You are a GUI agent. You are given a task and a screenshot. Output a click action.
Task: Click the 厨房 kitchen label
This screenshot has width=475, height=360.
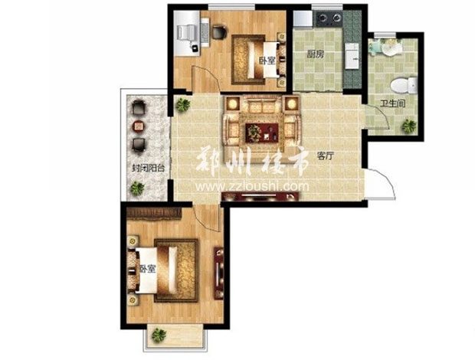point(316,54)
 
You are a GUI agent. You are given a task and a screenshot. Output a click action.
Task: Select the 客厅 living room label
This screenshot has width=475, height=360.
point(326,156)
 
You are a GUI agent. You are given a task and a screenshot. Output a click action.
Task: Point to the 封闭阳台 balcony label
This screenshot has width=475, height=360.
point(148,168)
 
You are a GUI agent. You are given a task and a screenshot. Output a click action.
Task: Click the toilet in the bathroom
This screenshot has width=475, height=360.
point(404,85)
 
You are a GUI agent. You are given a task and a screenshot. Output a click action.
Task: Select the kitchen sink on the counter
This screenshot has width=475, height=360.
point(352,55)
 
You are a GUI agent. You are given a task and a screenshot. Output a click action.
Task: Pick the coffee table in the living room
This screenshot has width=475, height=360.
point(262,133)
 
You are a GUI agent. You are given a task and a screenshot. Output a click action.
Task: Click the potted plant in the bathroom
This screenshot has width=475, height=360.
point(409,126)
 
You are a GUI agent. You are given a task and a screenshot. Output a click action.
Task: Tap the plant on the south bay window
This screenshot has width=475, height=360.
point(159,335)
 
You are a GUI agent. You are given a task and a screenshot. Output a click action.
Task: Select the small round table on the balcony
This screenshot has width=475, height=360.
point(139,126)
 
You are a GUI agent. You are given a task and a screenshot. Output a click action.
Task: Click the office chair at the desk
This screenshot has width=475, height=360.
point(219,32)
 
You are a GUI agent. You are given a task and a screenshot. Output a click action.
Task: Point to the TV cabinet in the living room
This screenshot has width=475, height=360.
point(260,197)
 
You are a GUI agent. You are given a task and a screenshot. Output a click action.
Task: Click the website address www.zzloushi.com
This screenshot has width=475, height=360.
point(252,186)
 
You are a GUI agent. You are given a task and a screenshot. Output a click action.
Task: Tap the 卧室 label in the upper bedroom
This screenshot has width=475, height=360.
point(267,61)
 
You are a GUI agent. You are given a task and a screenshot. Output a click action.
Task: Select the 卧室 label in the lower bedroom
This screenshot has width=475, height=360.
point(148,269)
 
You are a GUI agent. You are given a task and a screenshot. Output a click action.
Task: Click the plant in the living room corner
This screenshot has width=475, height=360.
point(182,105)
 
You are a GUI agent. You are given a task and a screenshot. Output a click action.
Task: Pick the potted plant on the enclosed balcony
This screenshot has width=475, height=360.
point(137,188)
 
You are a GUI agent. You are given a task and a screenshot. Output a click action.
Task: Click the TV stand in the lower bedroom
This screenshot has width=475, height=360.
point(218,273)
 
